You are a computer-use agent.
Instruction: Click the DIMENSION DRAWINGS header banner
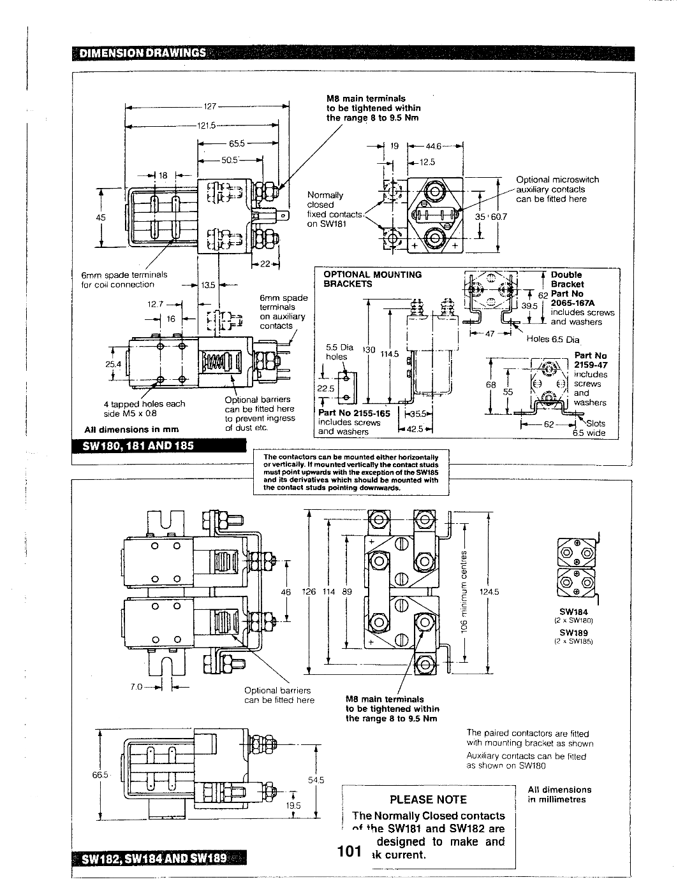[142, 53]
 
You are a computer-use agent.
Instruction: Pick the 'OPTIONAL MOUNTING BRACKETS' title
[372, 279]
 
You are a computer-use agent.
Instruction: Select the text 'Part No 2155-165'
[353, 412]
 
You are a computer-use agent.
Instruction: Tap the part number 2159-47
[590, 365]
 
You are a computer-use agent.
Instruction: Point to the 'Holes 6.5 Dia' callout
[552, 339]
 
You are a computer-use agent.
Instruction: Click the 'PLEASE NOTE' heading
[428, 800]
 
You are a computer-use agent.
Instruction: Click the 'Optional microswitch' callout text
[557, 180]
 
